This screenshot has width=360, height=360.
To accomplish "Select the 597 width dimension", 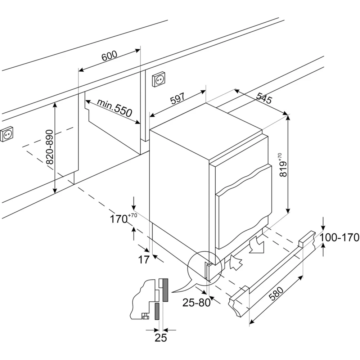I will (177, 99).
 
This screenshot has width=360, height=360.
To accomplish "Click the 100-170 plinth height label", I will (340, 237).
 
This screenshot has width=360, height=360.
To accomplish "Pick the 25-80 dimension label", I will (196, 303).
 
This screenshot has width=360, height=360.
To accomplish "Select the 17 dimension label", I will (144, 260).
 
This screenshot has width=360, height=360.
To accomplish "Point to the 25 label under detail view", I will (161, 337).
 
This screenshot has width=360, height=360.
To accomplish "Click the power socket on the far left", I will (7, 135).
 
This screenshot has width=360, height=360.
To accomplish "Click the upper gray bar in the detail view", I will (166, 290).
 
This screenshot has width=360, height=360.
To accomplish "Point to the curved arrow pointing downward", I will (257, 246).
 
